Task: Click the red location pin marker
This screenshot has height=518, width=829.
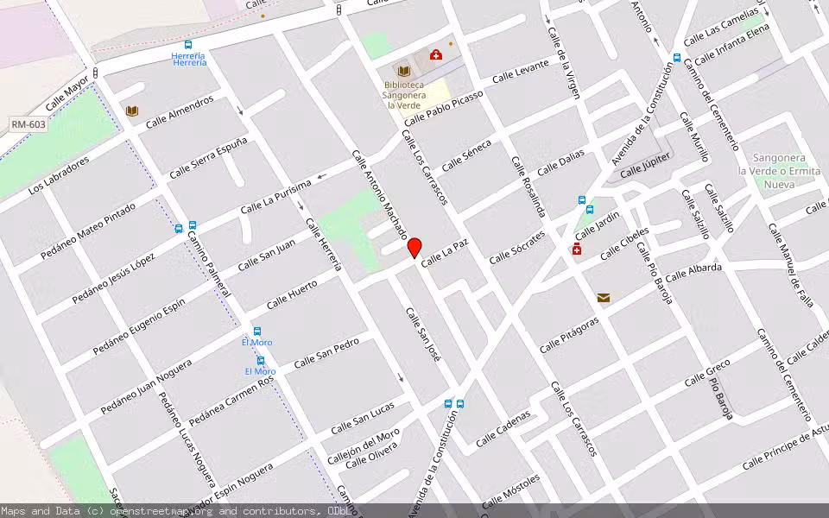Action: pos(414,248)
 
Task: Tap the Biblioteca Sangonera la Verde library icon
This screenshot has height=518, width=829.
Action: pos(403,69)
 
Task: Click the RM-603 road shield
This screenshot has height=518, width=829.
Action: pos(28,124)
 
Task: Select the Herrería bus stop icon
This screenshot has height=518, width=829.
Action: pos(188,44)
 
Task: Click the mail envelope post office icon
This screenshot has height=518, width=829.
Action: pos(603,298)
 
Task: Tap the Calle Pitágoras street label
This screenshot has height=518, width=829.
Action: pos(569,335)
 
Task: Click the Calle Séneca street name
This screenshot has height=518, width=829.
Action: pos(466,155)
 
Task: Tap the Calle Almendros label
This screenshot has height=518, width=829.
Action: pos(180,112)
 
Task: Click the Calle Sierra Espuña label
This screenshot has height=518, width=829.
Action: pos(208,158)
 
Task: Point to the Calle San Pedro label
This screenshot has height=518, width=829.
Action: pos(326,352)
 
